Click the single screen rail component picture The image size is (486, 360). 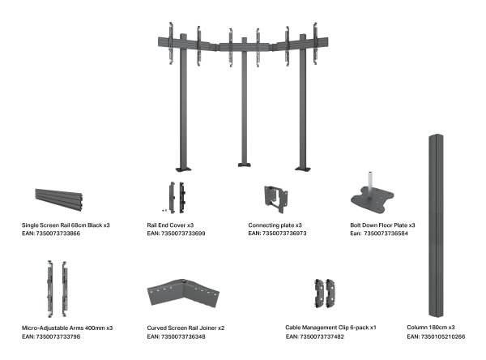[x=58, y=199]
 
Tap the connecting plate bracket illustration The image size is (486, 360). [x=275, y=199]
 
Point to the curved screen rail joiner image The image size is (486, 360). [x=183, y=293]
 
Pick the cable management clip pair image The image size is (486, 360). [x=325, y=294]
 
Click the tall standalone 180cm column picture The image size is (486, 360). [x=436, y=225]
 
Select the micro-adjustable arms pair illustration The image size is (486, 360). [x=58, y=289]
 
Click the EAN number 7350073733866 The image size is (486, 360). [x=58, y=234]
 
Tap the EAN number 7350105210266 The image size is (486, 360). [x=443, y=336]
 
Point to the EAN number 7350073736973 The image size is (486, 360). [x=284, y=233]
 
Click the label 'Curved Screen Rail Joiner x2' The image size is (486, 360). [x=185, y=328]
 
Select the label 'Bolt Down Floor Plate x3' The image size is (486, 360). [x=382, y=225]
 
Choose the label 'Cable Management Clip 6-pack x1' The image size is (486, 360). [x=330, y=328]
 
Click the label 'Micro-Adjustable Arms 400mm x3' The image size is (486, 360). [x=67, y=328]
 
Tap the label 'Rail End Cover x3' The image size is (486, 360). [x=170, y=225]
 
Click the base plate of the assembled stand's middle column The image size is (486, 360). [x=245, y=165]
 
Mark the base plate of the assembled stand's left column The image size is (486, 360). [x=184, y=169]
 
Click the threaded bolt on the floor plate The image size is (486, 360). [x=370, y=180]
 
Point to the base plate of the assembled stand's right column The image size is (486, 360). [x=303, y=169]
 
